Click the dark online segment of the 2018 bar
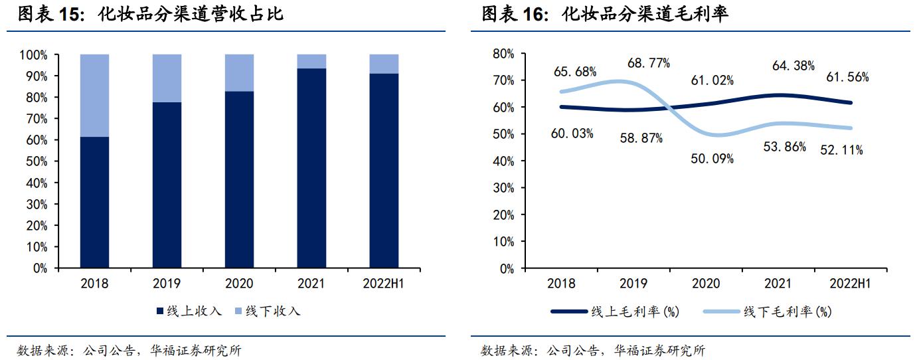coord(94,203)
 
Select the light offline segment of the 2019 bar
coord(167,78)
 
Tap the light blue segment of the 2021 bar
coord(311,61)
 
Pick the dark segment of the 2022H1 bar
coord(384,171)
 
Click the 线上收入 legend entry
coord(189,311)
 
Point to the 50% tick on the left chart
coord(39,161)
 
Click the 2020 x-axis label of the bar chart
coord(239,284)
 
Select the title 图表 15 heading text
coord(150,14)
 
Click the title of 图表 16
coord(605,14)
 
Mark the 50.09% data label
coord(712,159)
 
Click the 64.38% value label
coord(795,66)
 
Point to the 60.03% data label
coord(572,134)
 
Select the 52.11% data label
coord(841,150)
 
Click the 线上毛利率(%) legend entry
coord(615,311)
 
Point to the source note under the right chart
coord(593,351)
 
